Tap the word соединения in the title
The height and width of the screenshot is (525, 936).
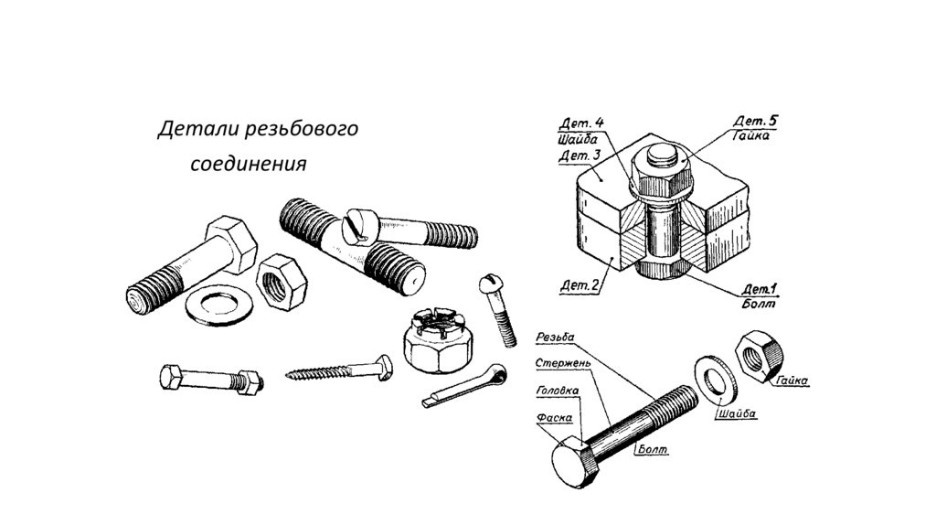click(248, 165)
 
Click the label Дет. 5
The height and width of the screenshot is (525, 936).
click(756, 121)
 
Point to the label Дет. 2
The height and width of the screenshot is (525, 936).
click(579, 286)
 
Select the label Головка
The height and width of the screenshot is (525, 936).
click(556, 391)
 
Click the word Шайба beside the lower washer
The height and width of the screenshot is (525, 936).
click(738, 413)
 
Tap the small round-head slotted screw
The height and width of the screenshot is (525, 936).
click(499, 307)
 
